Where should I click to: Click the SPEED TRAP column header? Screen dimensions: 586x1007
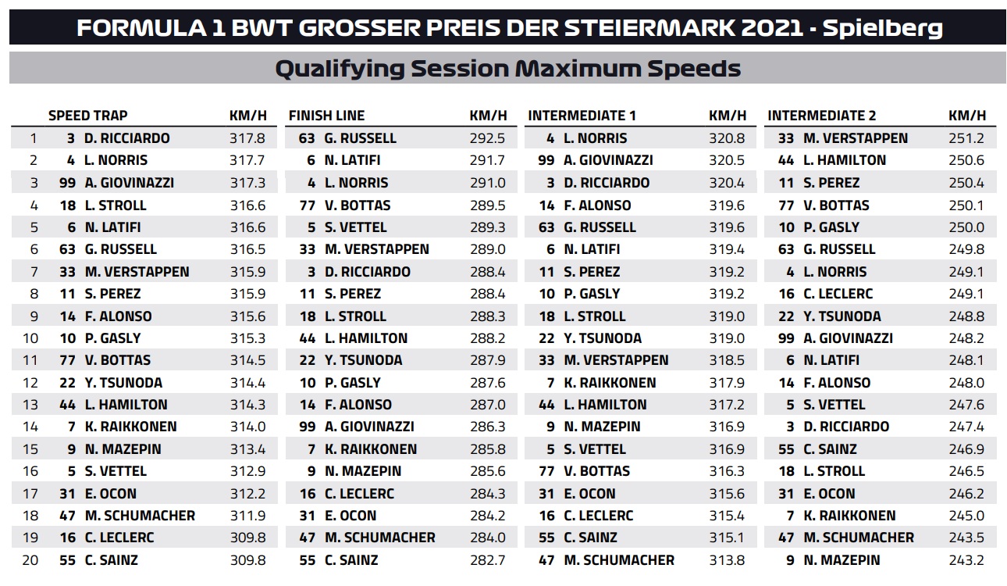coord(87,116)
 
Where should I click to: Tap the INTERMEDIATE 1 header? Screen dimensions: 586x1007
coord(582,116)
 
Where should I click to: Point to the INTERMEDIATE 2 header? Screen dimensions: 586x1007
coord(822,116)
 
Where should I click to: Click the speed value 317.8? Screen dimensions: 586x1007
coord(248,138)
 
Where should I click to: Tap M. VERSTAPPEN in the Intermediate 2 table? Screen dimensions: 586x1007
coord(856,138)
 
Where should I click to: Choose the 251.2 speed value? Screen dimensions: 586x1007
coord(967,138)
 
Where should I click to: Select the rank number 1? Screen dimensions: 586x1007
coord(33,138)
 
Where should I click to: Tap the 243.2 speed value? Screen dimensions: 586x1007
coord(967,560)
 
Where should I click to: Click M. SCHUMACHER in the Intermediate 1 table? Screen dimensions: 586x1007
coord(619,560)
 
